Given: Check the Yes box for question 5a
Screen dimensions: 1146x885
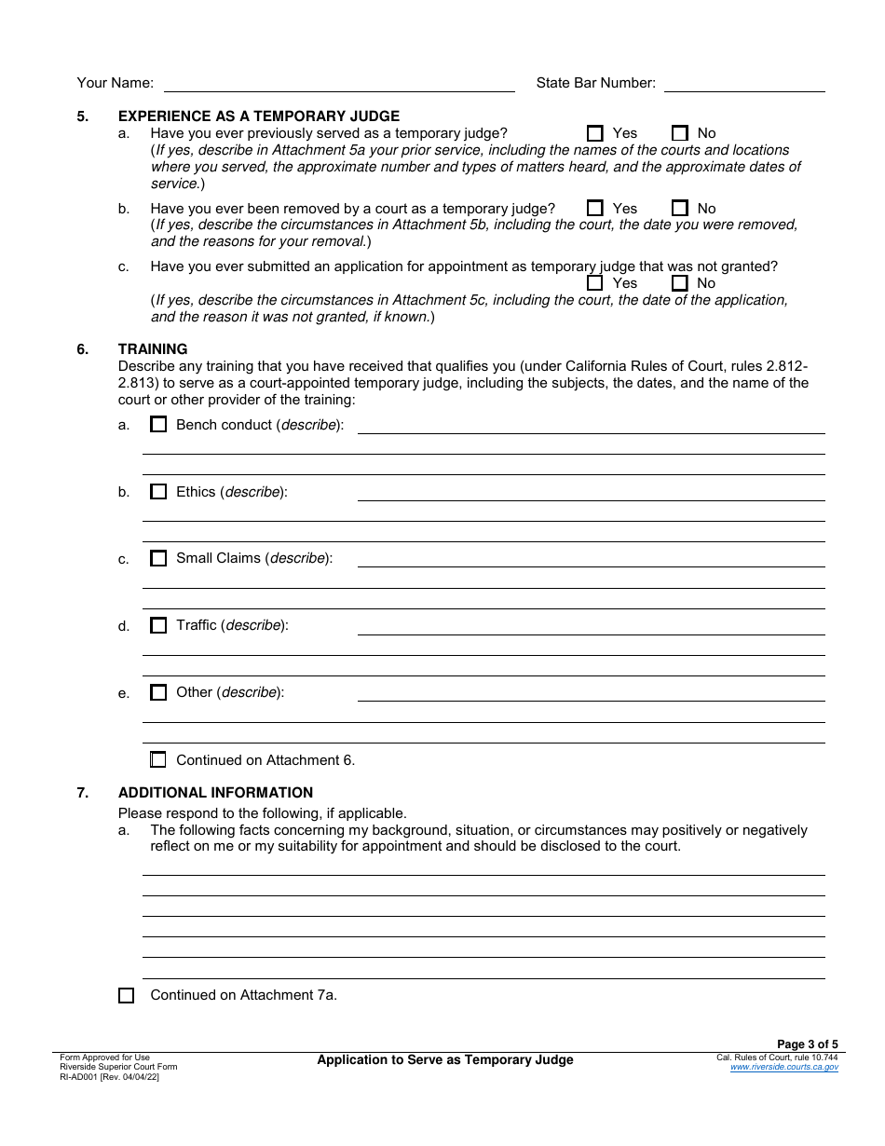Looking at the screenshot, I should pyautogui.click(x=595, y=133).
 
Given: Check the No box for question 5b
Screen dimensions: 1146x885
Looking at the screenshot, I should pyautogui.click(x=680, y=209).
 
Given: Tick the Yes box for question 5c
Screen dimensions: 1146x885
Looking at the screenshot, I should pyautogui.click(x=595, y=283).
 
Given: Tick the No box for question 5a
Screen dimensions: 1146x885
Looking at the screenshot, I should pyautogui.click(x=680, y=133).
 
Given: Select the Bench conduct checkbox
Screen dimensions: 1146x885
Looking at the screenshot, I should pyautogui.click(x=158, y=425).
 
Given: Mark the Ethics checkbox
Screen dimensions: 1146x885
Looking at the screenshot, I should pyautogui.click(x=158, y=492).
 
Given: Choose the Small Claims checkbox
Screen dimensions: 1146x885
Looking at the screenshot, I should pyautogui.click(x=158, y=559).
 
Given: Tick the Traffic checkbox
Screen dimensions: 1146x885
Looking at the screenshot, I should pyautogui.click(x=158, y=626).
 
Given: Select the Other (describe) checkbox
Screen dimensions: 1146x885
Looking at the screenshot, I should pyautogui.click(x=158, y=693).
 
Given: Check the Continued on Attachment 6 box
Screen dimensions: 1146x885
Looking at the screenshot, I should pyautogui.click(x=158, y=760).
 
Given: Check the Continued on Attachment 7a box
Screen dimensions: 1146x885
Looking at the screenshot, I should pyautogui.click(x=126, y=995).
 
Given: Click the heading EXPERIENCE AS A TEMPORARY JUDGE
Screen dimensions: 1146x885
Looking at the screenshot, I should pyautogui.click(x=258, y=116).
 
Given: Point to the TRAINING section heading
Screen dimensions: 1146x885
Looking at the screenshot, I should pyautogui.click(x=153, y=349).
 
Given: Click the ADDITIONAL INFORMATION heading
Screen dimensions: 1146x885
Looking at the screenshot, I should pyautogui.click(x=215, y=793).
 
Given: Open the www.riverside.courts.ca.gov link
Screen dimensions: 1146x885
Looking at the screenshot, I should pyautogui.click(x=783, y=1068).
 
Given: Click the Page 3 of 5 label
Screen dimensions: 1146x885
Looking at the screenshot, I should pyautogui.click(x=808, y=1044).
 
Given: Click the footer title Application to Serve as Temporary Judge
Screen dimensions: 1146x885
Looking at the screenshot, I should pyautogui.click(x=445, y=1060).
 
